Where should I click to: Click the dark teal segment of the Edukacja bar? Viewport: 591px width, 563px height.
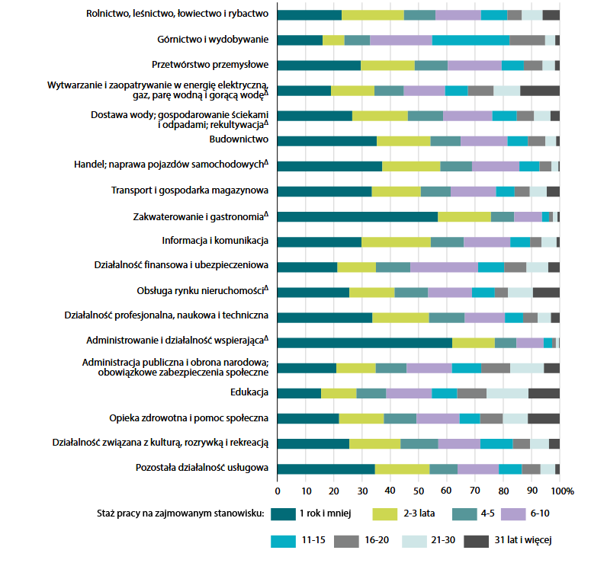[299, 393]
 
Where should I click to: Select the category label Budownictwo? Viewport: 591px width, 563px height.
[239, 141]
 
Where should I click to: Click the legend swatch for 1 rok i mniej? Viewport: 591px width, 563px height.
[282, 513]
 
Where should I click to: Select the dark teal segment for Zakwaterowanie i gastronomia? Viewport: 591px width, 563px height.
[357, 216]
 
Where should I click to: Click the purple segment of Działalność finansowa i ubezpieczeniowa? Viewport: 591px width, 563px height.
[444, 267]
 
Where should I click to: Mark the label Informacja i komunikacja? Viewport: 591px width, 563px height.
[214, 242]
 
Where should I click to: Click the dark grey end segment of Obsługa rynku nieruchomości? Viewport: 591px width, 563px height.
[546, 292]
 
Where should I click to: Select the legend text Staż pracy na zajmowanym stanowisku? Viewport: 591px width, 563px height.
[180, 513]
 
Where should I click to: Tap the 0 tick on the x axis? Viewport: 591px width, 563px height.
[278, 489]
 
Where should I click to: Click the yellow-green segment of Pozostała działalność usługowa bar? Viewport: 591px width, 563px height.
[402, 469]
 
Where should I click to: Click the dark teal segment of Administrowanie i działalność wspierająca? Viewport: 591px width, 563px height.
[365, 342]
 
